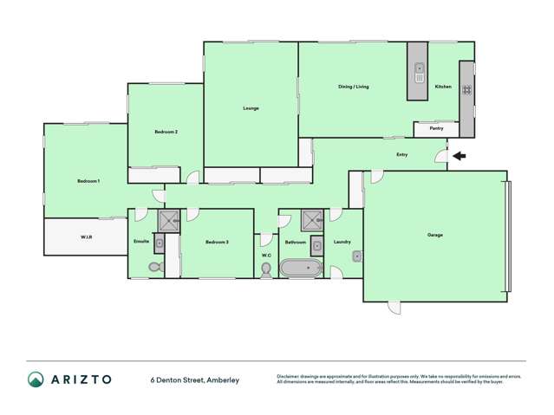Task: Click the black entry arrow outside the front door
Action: pyautogui.click(x=459, y=157)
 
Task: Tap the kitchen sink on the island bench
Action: pyautogui.click(x=419, y=71)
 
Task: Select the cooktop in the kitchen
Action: pyautogui.click(x=466, y=88)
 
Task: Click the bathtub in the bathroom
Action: pyautogui.click(x=303, y=269)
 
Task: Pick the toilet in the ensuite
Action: pyautogui.click(x=156, y=267)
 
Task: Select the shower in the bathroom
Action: pyautogui.click(x=311, y=220)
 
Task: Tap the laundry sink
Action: pyautogui.click(x=356, y=256)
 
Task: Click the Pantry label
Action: pyautogui.click(x=436, y=128)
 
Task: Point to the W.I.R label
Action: pyautogui.click(x=87, y=236)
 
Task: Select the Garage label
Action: pyautogui.click(x=434, y=235)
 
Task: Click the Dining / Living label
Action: pyautogui.click(x=353, y=87)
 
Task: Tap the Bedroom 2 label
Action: pyautogui.click(x=166, y=132)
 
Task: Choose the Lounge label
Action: pyautogui.click(x=251, y=107)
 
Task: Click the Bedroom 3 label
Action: pyautogui.click(x=217, y=242)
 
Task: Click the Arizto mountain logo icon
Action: pyautogui.click(x=36, y=379)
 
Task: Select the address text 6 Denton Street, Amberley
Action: pyautogui.click(x=194, y=379)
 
